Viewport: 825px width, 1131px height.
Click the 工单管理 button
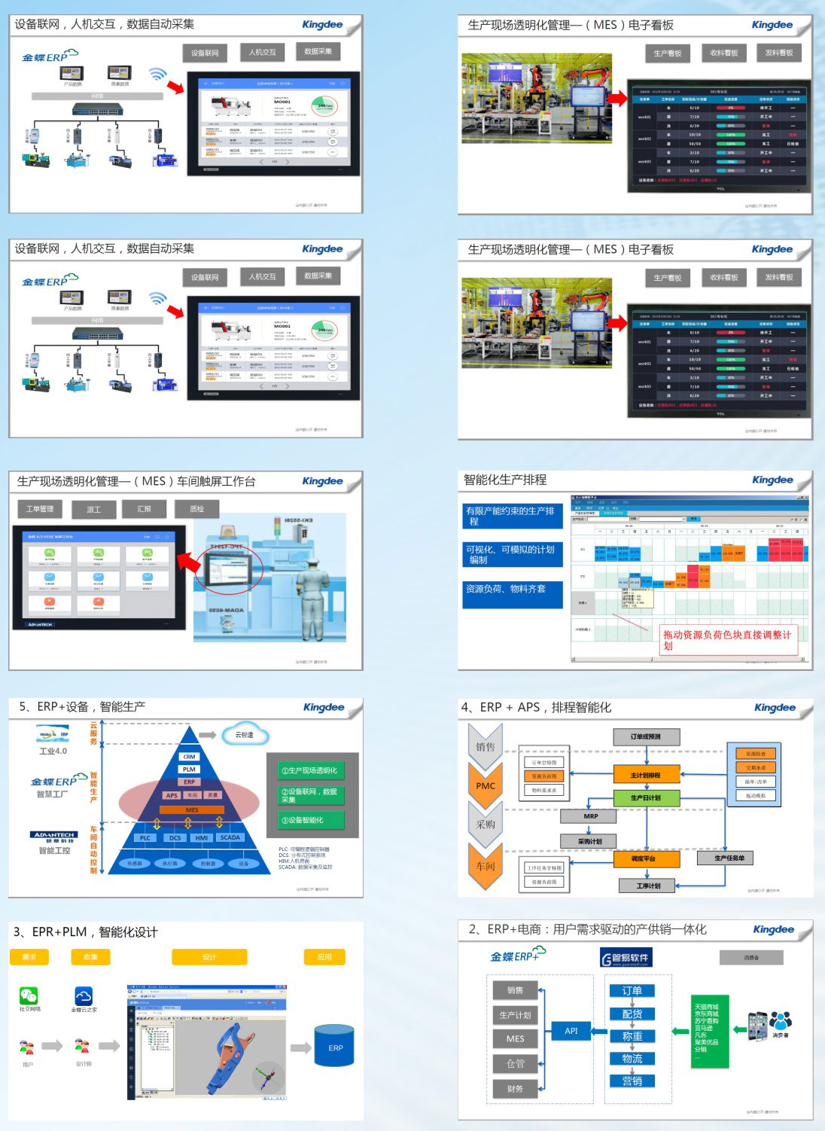[x=40, y=509]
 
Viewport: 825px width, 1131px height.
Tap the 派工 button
[x=93, y=510]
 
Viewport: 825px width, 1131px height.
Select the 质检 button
[x=197, y=509]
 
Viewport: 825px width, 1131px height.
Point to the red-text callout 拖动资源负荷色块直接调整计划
[x=726, y=639]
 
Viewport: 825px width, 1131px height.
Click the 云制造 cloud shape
[x=245, y=734]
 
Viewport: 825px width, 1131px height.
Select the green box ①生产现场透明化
[x=309, y=770]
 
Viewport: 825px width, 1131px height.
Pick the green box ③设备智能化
[x=306, y=820]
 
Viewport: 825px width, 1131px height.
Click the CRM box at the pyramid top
[x=189, y=756]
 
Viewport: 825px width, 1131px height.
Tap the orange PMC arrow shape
[x=486, y=785]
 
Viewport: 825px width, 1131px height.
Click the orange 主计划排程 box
[x=646, y=774]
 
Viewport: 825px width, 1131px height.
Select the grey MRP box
[x=590, y=816]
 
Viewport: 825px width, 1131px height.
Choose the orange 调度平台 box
[x=643, y=858]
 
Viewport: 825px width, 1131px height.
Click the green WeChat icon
[x=29, y=995]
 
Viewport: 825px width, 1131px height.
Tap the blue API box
[x=571, y=1031]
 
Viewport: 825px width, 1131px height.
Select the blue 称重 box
[x=632, y=1036]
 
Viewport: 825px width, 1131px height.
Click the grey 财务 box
[x=515, y=1089]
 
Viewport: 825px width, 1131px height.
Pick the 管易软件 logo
[x=626, y=958]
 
